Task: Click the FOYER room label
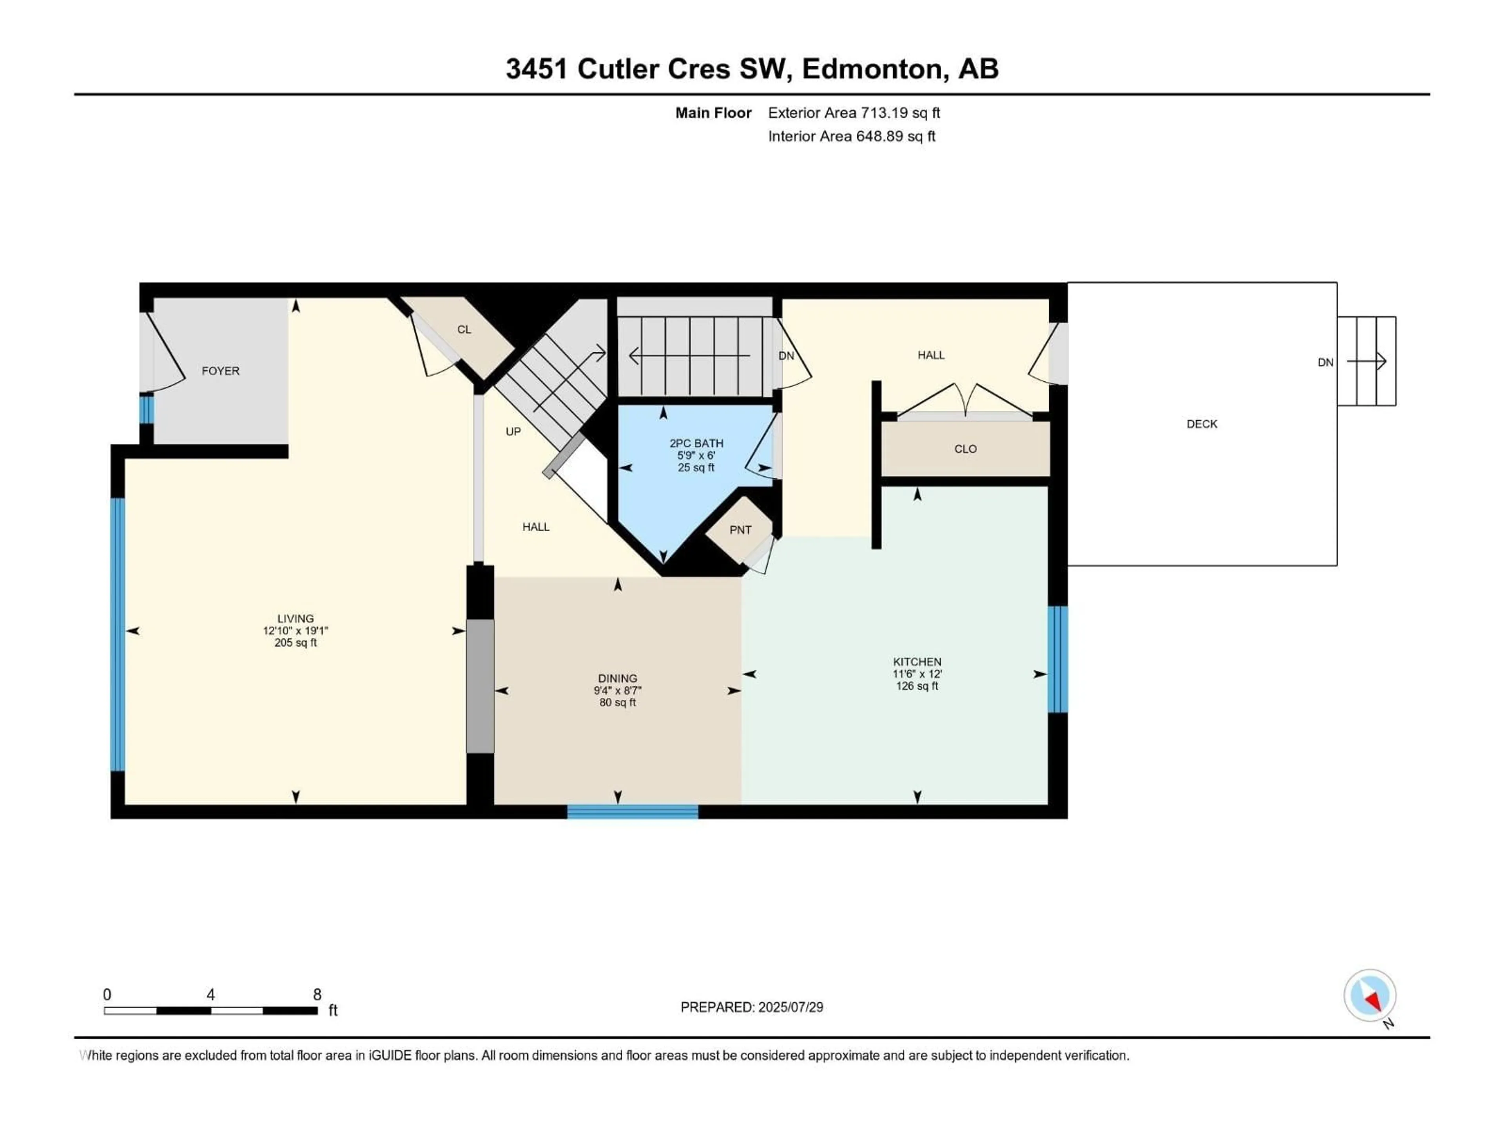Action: point(220,371)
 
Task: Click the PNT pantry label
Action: point(740,530)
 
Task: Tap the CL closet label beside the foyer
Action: point(464,329)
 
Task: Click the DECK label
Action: point(1202,424)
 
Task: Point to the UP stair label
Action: point(513,432)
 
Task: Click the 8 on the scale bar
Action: point(317,994)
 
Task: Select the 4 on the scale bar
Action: point(211,994)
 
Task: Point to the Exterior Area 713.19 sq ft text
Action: point(854,113)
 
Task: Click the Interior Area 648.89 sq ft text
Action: point(851,136)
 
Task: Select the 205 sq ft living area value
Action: point(295,643)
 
